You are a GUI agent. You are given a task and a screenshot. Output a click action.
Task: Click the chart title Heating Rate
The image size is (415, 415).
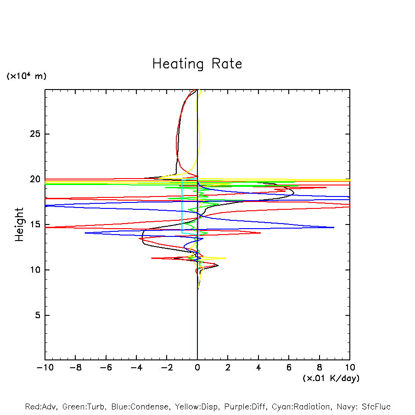pyautogui.click(x=197, y=63)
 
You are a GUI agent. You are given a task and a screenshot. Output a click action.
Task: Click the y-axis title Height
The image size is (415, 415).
pyautogui.click(x=19, y=224)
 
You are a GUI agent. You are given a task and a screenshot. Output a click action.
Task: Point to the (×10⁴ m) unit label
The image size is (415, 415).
pyautogui.click(x=26, y=76)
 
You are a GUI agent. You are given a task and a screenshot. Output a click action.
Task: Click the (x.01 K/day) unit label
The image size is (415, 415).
pyautogui.click(x=331, y=378)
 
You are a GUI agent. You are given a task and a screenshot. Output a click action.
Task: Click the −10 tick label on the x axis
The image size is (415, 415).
pyautogui.click(x=45, y=368)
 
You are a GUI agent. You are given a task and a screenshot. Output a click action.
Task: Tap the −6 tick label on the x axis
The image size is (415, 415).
pyautogui.click(x=106, y=368)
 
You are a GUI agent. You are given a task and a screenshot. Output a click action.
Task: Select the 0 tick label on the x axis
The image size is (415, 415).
pyautogui.click(x=197, y=368)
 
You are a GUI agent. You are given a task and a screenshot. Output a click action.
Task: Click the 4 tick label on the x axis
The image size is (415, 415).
pyautogui.click(x=258, y=368)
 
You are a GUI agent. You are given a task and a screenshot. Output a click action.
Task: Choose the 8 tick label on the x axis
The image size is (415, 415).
pyautogui.click(x=320, y=368)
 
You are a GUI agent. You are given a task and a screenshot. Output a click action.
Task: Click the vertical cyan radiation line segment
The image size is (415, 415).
pyautogui.click(x=182, y=207)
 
